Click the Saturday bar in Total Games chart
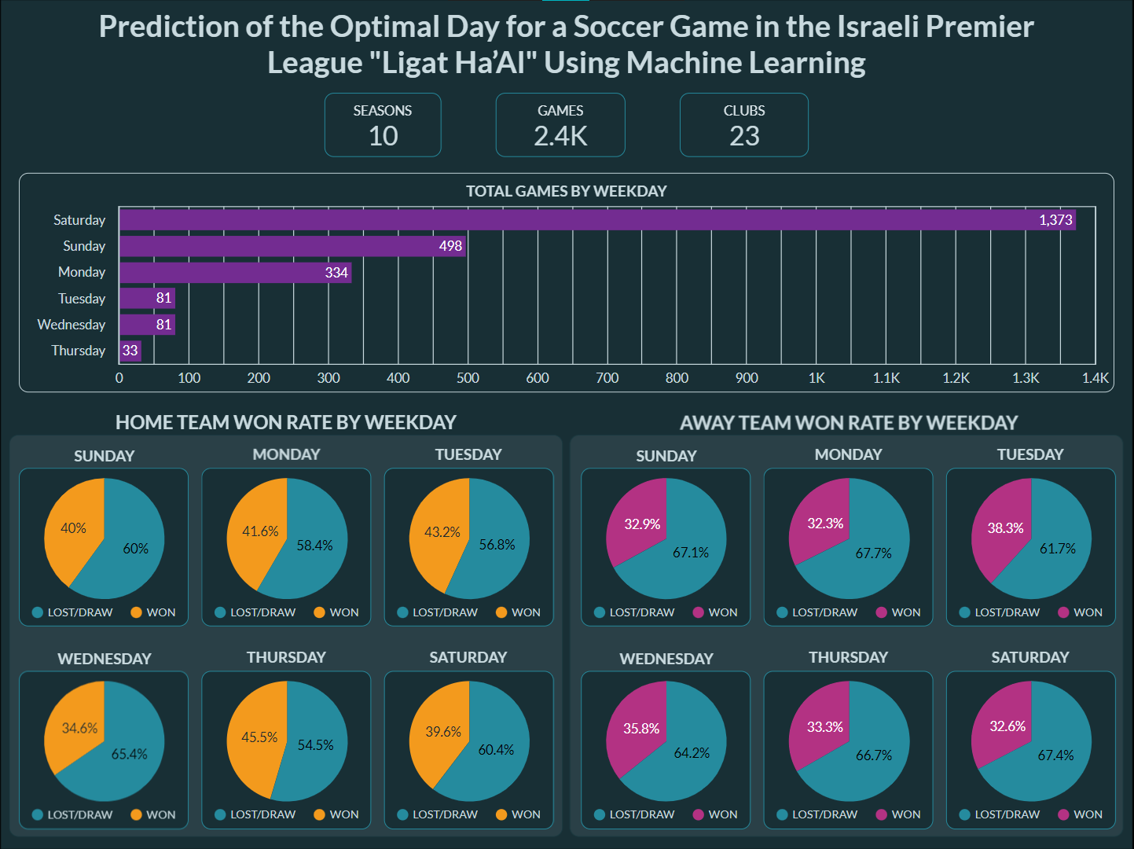[x=597, y=220]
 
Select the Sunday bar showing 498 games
[x=292, y=246]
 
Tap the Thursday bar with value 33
[x=130, y=351]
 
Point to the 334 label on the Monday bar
[x=336, y=273]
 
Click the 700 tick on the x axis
[x=607, y=378]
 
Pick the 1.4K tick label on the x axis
[x=1095, y=378]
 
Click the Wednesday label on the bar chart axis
[x=72, y=325]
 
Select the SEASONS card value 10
[x=383, y=136]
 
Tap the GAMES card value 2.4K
[x=560, y=136]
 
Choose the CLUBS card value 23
[x=744, y=136]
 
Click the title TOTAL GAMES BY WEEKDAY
[x=566, y=191]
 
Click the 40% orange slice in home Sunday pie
[x=73, y=528]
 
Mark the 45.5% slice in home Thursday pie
[x=259, y=737]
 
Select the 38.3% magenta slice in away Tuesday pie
[x=1005, y=528]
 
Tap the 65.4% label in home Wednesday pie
[x=130, y=754]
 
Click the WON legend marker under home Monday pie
[x=319, y=612]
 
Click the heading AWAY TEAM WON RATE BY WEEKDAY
[x=849, y=423]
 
